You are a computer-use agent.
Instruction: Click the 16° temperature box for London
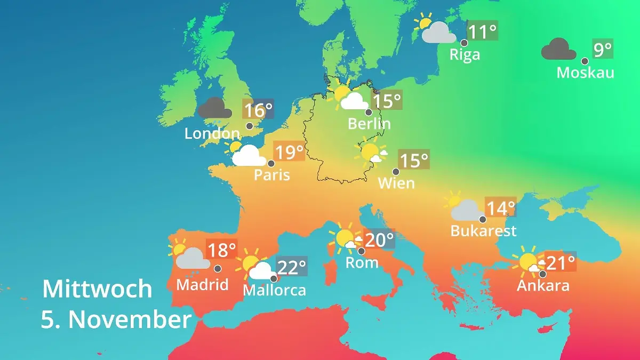click(x=258, y=110)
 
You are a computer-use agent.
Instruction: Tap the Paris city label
click(x=272, y=174)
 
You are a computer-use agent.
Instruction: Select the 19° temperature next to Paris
click(x=289, y=152)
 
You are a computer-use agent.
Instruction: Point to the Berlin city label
click(x=369, y=124)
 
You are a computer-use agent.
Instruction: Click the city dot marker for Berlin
click(x=368, y=113)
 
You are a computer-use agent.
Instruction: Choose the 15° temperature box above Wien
click(x=414, y=159)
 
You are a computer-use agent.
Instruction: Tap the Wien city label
click(x=396, y=183)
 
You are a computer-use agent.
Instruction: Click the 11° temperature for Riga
click(x=482, y=31)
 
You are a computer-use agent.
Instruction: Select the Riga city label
click(x=465, y=54)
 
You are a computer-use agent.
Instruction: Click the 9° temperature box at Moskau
click(x=603, y=50)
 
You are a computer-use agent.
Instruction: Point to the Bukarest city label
click(x=483, y=230)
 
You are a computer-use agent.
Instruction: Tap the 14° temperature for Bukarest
click(x=500, y=207)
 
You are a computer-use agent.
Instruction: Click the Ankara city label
click(x=543, y=285)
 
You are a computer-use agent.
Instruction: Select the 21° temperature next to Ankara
click(x=560, y=262)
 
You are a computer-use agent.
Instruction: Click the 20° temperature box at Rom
click(x=379, y=239)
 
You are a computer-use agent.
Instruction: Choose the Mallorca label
click(x=274, y=290)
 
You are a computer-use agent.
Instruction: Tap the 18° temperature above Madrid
click(x=221, y=250)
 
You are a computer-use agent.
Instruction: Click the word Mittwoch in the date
click(x=97, y=289)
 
